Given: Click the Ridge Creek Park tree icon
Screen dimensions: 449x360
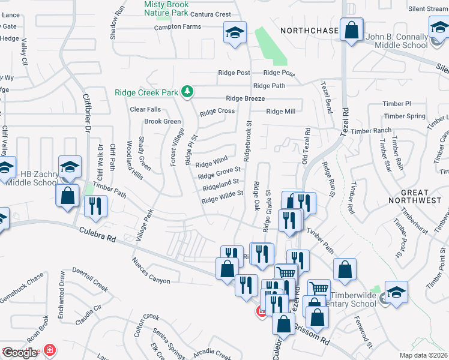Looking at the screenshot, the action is [x=188, y=91].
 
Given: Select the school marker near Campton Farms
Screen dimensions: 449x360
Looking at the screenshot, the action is [x=235, y=33].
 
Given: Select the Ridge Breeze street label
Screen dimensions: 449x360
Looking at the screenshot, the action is [x=245, y=98].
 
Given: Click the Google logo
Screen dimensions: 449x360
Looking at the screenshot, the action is [x=20, y=352].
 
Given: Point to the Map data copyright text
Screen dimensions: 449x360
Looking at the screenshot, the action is [x=424, y=355].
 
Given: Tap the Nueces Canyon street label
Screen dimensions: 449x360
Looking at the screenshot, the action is [x=151, y=271].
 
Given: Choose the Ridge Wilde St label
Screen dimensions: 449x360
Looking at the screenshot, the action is [x=222, y=197].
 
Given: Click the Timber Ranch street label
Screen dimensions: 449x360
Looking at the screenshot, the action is [x=371, y=131].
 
